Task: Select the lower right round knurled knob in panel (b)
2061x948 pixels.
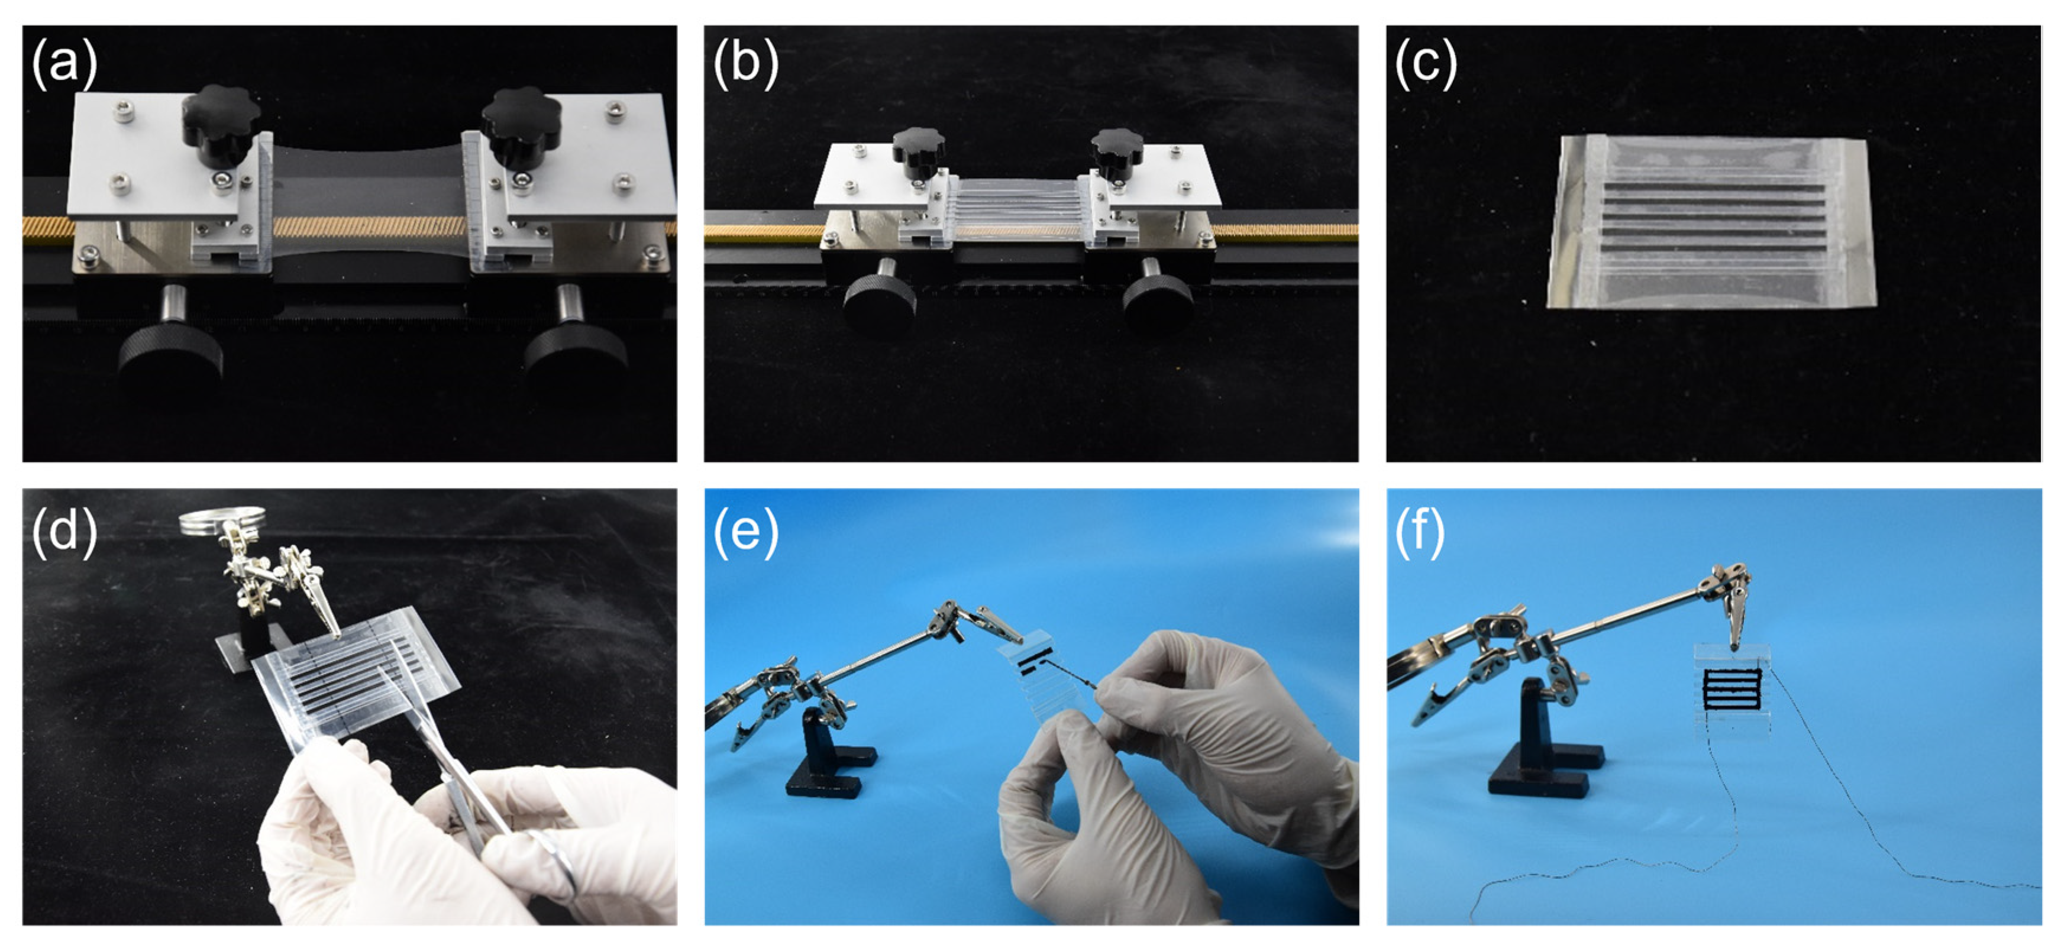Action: click(x=1158, y=302)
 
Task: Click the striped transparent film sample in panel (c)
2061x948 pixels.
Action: click(x=1712, y=222)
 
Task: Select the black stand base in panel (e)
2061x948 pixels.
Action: click(x=828, y=768)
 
